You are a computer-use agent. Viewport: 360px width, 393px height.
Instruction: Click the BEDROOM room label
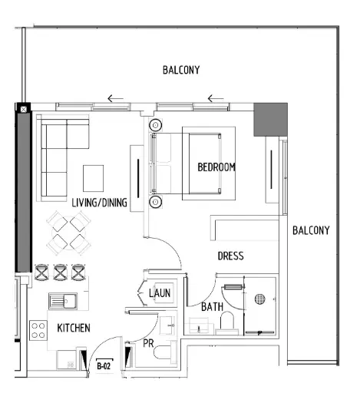pyautogui.click(x=216, y=167)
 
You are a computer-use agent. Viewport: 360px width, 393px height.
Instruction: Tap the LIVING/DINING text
pyautogui.click(x=100, y=203)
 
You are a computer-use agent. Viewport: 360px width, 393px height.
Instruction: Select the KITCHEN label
pyautogui.click(x=74, y=328)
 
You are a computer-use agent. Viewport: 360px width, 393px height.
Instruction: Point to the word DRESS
pyautogui.click(x=230, y=256)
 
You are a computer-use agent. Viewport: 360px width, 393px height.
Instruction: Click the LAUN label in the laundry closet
pyautogui.click(x=160, y=292)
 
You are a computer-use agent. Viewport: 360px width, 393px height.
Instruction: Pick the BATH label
pyautogui.click(x=211, y=307)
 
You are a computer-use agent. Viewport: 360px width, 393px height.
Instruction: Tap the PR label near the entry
pyautogui.click(x=150, y=343)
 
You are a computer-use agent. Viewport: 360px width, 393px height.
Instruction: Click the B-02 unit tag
pyautogui.click(x=104, y=367)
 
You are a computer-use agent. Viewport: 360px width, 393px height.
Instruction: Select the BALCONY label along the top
pyautogui.click(x=181, y=70)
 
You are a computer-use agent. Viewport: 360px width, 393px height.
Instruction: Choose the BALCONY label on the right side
pyautogui.click(x=310, y=230)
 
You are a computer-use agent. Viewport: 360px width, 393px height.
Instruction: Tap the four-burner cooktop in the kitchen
pyautogui.click(x=38, y=331)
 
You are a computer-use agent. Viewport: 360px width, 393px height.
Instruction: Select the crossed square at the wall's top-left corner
pyautogui.click(x=24, y=109)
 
